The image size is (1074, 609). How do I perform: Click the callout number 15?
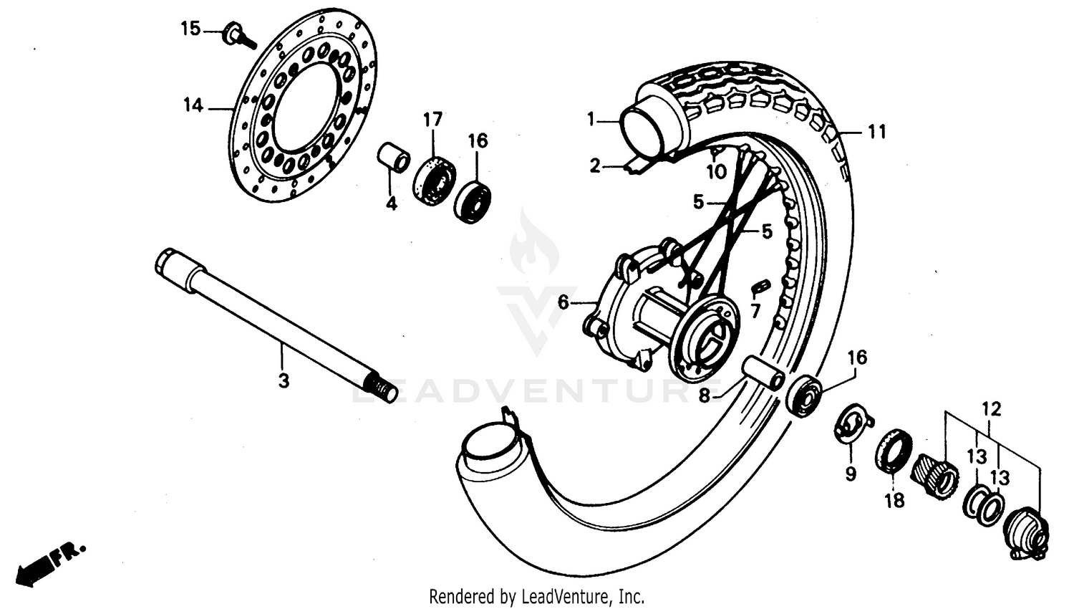click(x=190, y=29)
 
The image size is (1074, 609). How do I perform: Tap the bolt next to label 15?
click(x=236, y=35)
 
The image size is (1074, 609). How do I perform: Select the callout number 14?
click(x=193, y=106)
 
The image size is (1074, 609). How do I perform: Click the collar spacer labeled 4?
click(x=393, y=158)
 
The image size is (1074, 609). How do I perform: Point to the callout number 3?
click(x=284, y=381)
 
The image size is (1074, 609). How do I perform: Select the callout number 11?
click(x=877, y=132)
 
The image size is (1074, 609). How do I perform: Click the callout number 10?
click(x=716, y=172)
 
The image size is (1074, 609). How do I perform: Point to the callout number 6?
click(x=563, y=303)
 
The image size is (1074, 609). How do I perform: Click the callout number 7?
click(x=755, y=311)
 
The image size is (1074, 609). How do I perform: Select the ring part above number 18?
click(x=894, y=451)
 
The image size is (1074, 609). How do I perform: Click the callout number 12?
click(x=992, y=409)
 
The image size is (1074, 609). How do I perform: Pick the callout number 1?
click(x=591, y=120)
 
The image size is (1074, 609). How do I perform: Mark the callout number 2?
click(x=595, y=167)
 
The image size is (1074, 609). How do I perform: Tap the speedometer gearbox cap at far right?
click(x=1025, y=530)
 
